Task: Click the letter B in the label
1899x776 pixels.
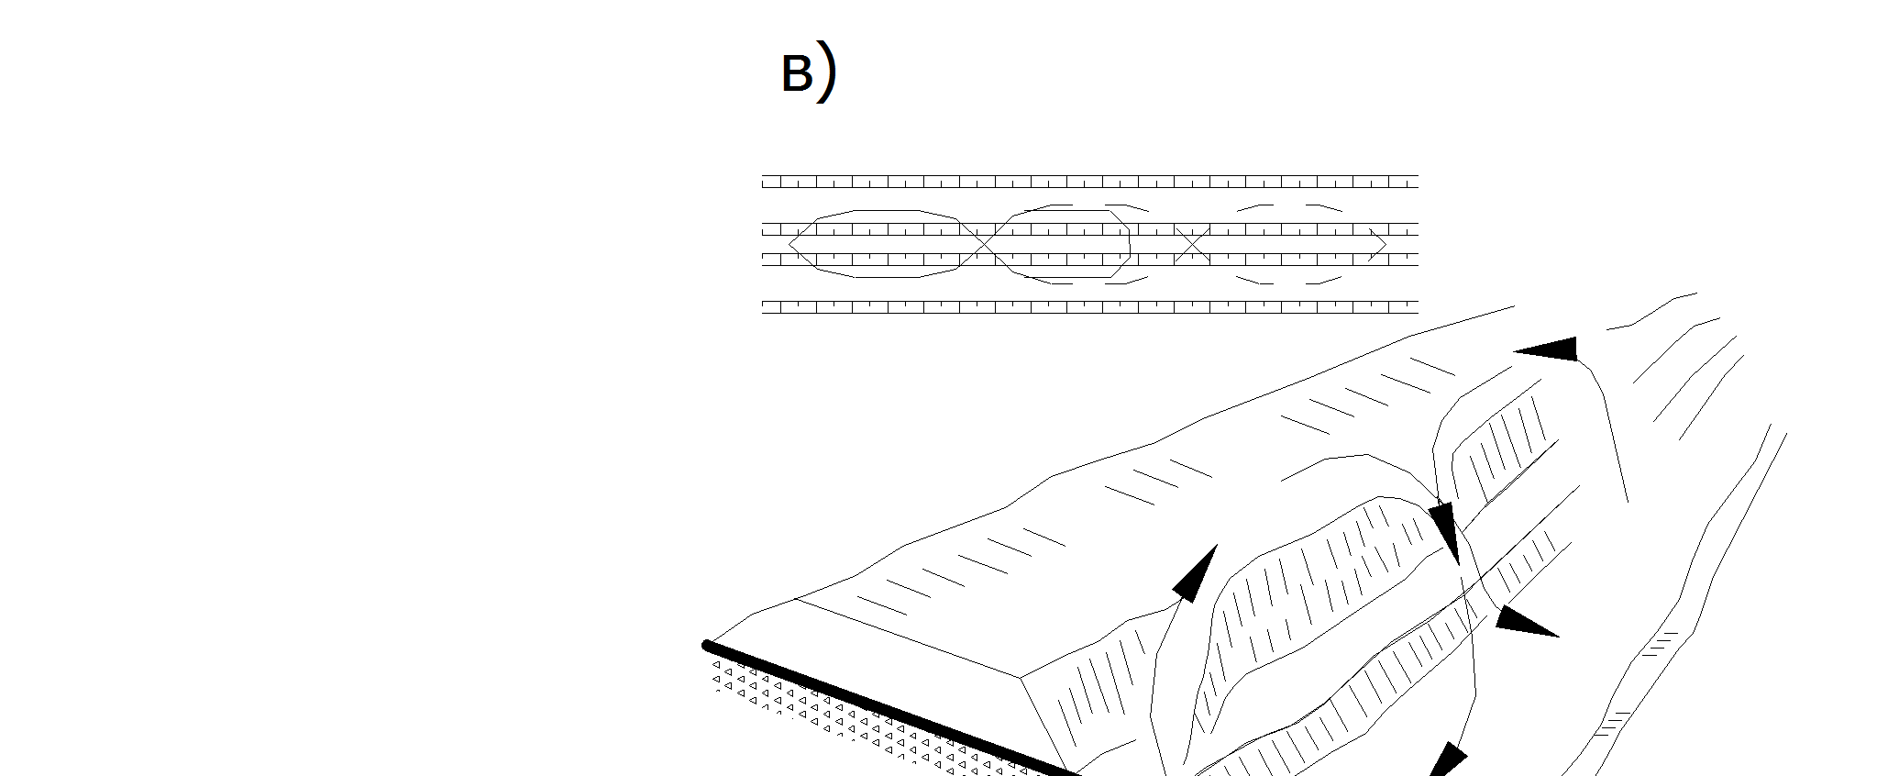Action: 796,73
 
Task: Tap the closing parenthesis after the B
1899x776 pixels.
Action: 827,73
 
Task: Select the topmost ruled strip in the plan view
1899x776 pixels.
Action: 1089,182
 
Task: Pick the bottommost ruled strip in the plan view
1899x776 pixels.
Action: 1089,306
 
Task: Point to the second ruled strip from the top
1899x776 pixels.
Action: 1089,228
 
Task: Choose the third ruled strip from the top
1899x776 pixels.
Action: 1089,260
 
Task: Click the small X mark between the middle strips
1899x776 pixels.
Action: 1192,244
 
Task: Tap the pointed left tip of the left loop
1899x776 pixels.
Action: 790,244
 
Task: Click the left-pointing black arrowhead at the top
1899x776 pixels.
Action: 1550,349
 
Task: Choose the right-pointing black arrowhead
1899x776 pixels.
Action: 1524,621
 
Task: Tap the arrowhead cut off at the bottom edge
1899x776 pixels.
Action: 1445,762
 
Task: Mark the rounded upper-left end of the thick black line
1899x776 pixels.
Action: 708,646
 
